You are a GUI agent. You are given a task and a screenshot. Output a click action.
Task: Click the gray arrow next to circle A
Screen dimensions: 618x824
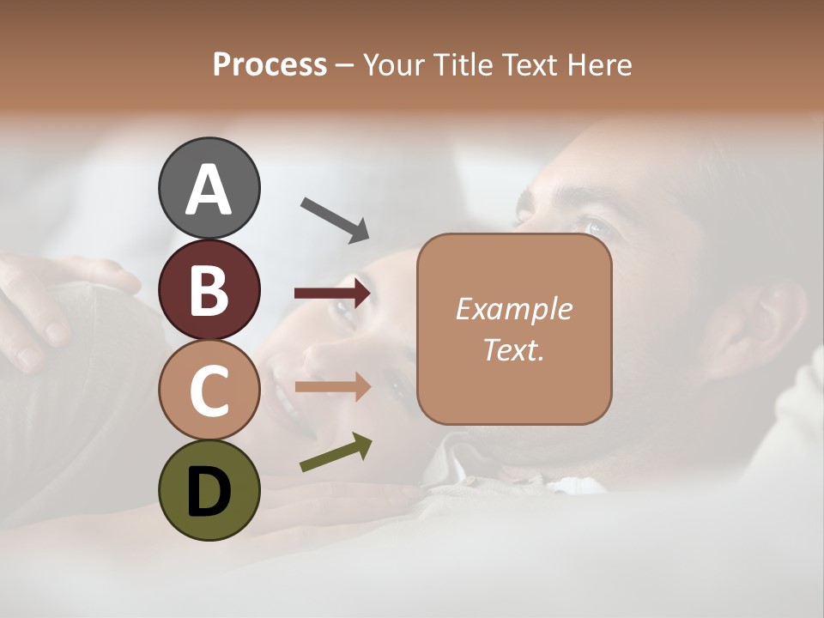click(335, 218)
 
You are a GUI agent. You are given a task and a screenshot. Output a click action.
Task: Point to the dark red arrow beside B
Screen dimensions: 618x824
click(332, 294)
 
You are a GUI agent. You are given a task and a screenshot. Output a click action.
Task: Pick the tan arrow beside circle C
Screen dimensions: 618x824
click(332, 387)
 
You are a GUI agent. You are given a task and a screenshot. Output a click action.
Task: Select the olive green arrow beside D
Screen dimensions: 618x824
click(336, 452)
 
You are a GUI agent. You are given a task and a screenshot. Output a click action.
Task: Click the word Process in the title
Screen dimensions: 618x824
click(270, 64)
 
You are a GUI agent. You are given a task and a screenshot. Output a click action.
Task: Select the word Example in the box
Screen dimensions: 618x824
click(514, 309)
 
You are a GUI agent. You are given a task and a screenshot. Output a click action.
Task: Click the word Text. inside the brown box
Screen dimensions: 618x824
click(514, 349)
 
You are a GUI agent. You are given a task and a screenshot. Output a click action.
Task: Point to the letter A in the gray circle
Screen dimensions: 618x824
click(209, 190)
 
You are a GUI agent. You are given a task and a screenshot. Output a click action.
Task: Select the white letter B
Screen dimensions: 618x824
click(209, 290)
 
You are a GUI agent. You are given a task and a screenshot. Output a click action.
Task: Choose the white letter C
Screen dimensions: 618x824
click(209, 391)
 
